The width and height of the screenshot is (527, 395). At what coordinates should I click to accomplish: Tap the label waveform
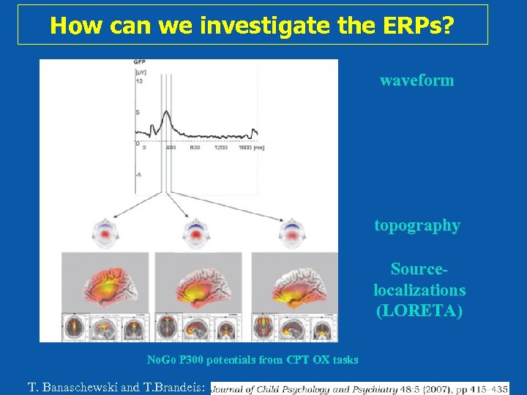(x=416, y=80)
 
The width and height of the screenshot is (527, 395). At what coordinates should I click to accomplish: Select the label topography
(x=417, y=225)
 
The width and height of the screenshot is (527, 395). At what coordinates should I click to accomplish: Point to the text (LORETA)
(x=419, y=310)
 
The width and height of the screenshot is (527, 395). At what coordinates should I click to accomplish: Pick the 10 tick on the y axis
(x=138, y=80)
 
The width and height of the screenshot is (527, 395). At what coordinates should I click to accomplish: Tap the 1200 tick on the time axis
(x=220, y=148)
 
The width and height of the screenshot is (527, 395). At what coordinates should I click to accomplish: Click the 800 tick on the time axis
(x=195, y=148)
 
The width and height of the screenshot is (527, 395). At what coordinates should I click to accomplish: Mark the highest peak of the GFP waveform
(x=166, y=111)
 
